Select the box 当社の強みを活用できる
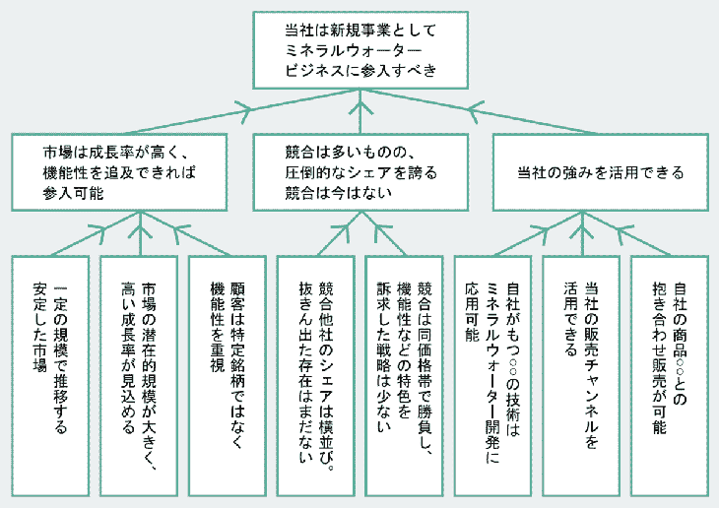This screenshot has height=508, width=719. click(x=600, y=171)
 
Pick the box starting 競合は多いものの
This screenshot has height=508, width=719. click(x=360, y=171)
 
